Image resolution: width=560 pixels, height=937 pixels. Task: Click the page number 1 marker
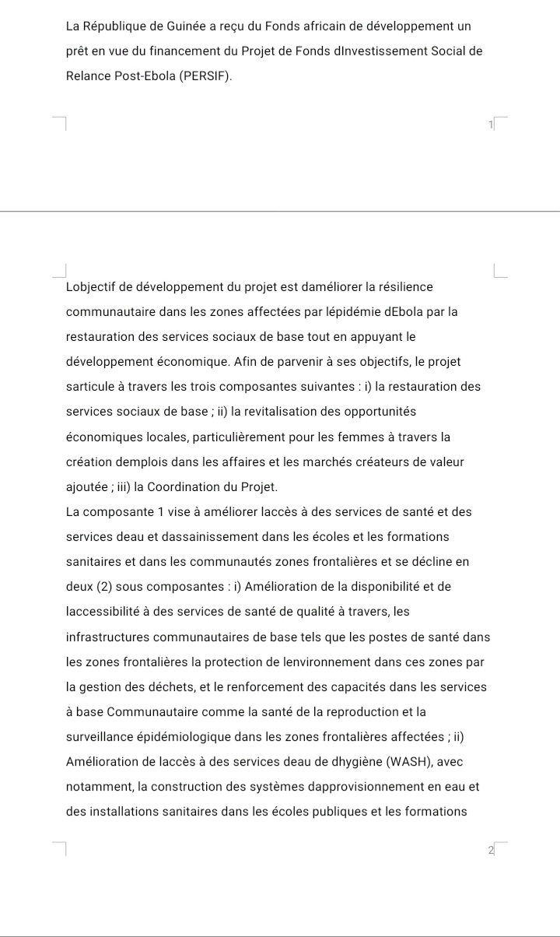[491, 125]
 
